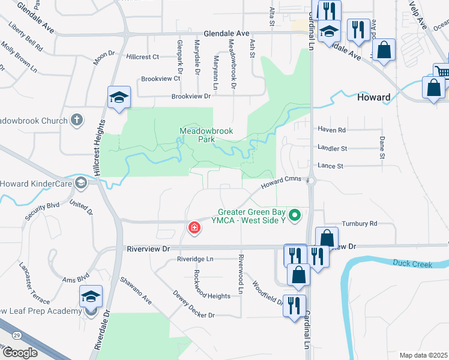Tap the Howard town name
[x=373, y=97]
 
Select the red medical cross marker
[x=194, y=227]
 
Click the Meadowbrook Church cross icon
[x=76, y=120]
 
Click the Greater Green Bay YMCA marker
[x=294, y=214]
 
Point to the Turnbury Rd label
[x=359, y=223]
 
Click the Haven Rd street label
[x=333, y=130]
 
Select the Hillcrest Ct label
[x=143, y=57]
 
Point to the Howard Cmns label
[x=281, y=182]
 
